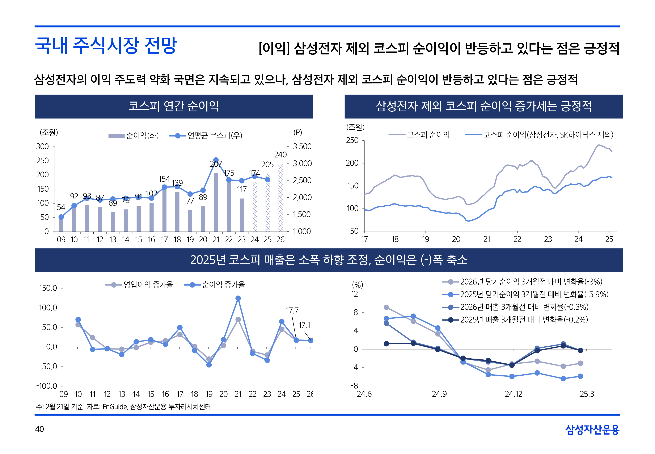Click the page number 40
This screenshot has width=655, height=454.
pos(39,429)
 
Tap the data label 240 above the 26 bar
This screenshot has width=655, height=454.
pos(280,155)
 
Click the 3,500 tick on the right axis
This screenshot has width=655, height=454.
pos(302,146)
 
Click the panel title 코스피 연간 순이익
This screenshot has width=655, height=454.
pos(174,106)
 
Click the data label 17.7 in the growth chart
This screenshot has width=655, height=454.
pos(292,310)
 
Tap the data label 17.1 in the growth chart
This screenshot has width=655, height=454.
pos(304,325)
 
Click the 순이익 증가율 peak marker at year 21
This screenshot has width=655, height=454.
pos(238,298)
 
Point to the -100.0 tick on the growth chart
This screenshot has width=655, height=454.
pos(47,386)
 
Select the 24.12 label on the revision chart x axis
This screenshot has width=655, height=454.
pos(513,394)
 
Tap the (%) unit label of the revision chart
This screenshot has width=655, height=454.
pos(357,285)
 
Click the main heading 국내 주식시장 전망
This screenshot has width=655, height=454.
pos(106,46)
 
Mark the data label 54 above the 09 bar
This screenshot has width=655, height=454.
pos(61,207)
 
